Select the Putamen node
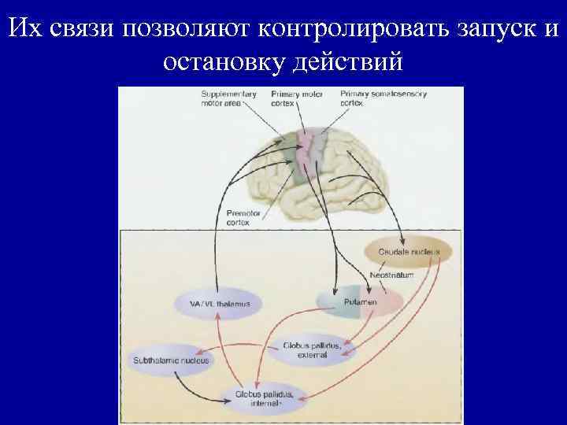(359, 301)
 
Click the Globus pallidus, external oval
(311, 349)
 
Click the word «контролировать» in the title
(346, 29)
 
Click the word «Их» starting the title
(24, 29)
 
